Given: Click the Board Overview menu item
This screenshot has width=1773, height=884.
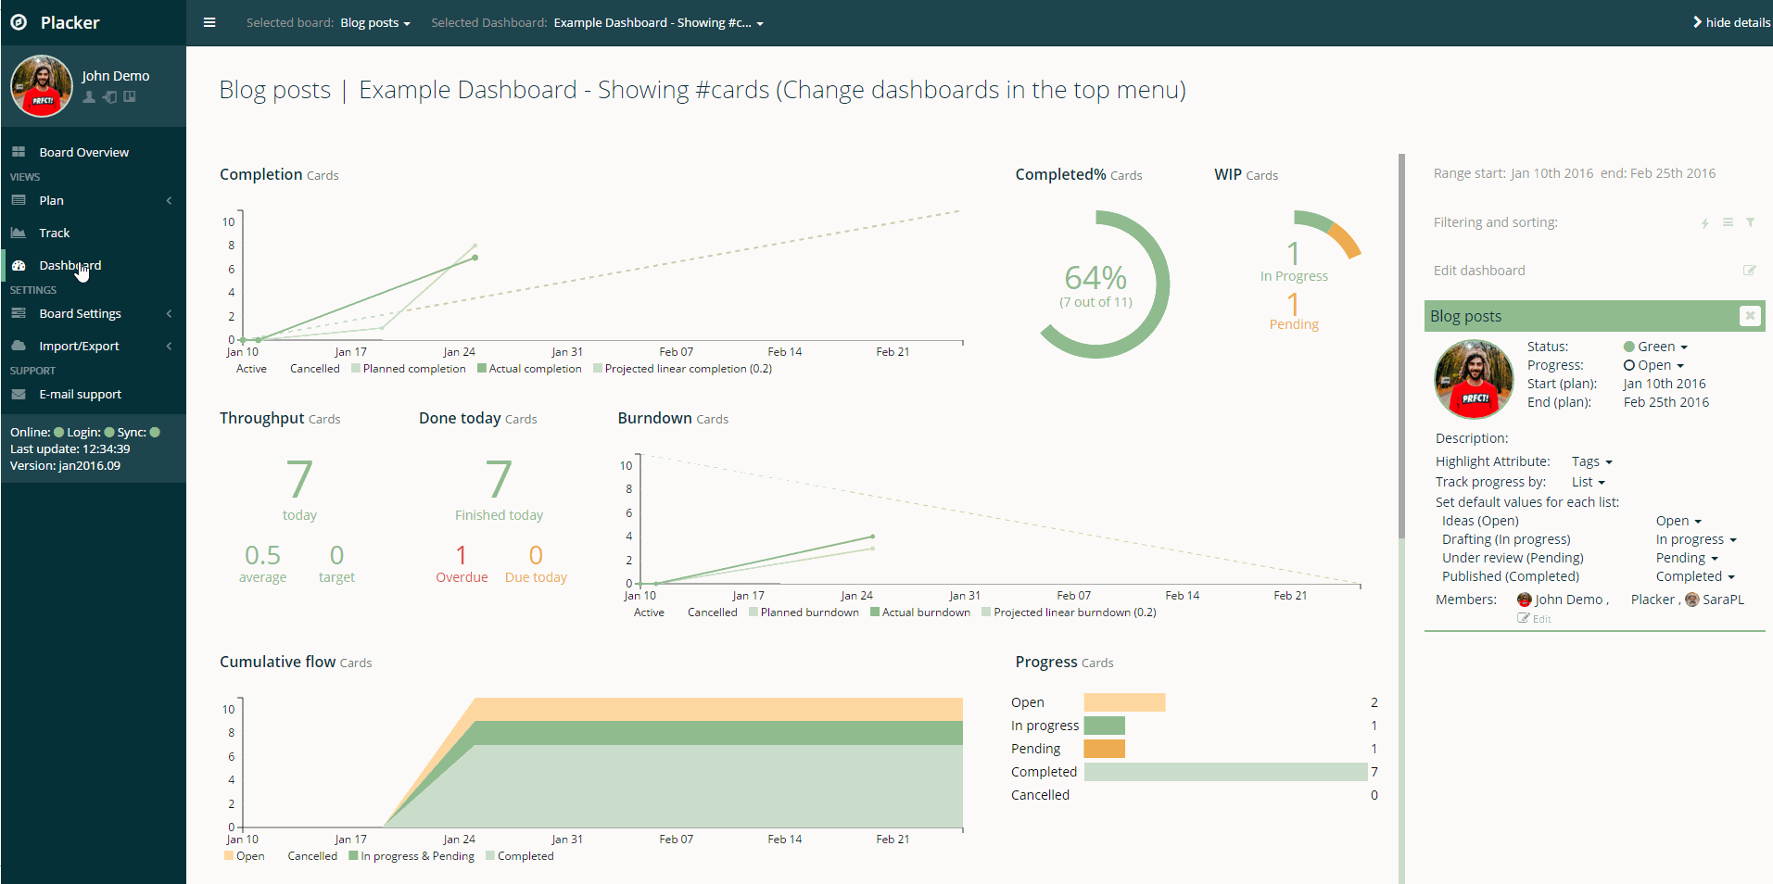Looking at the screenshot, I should (x=83, y=152).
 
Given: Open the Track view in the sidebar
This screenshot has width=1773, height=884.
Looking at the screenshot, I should (x=54, y=233).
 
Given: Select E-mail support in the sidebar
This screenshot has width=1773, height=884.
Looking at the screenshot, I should (x=80, y=394).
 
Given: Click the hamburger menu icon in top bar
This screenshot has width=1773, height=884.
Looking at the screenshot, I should (x=209, y=22).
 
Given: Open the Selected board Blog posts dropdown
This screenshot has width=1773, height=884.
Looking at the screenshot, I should (x=374, y=22).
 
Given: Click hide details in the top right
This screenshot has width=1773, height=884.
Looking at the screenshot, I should (x=1730, y=22).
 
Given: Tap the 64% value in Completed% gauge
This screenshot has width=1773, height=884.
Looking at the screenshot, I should (x=1095, y=278).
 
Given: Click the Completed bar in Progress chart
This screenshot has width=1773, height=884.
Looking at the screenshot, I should (x=1224, y=772).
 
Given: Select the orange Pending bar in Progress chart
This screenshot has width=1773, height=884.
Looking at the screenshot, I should (x=1104, y=749).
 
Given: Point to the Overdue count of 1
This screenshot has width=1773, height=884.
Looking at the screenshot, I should (x=461, y=555).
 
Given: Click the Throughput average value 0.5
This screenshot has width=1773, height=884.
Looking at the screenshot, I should (x=262, y=555).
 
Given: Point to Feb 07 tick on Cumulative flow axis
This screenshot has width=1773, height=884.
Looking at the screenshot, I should (x=676, y=839).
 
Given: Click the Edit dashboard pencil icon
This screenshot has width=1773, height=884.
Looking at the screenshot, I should (x=1749, y=271).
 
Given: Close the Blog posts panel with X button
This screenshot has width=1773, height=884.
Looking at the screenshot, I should (x=1749, y=316).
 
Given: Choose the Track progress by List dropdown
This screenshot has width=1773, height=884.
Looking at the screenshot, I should (x=1588, y=482).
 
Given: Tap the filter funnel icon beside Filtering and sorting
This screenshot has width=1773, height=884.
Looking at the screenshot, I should (x=1750, y=222).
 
